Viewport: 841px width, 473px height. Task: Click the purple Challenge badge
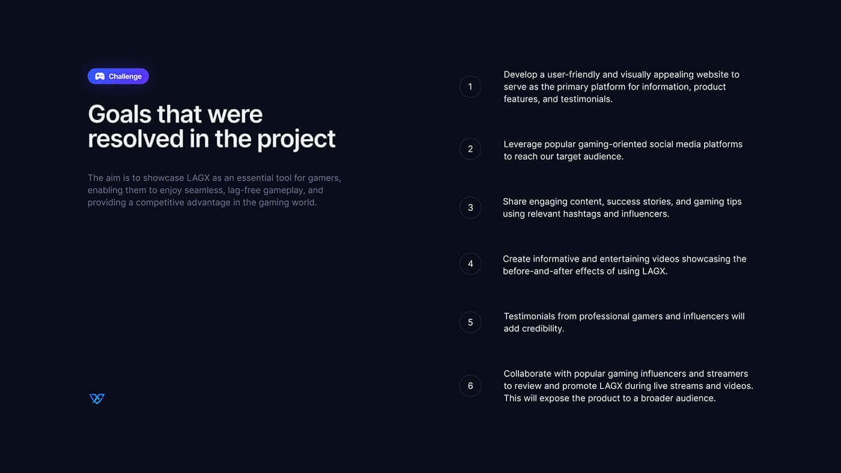[118, 76]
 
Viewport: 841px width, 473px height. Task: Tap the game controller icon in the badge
[100, 76]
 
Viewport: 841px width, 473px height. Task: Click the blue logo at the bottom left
[97, 399]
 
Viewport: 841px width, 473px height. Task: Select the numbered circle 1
[470, 86]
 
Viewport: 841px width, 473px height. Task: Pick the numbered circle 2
[470, 149]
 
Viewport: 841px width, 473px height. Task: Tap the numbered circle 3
[470, 208]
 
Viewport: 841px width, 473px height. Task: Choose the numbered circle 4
[470, 264]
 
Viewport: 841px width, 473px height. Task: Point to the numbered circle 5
[470, 322]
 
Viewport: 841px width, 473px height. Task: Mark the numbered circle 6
[470, 385]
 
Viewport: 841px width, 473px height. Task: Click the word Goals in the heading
[120, 114]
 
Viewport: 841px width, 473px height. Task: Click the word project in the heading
[296, 139]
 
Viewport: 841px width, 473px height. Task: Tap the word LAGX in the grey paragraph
[198, 178]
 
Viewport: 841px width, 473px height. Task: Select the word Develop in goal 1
[520, 75]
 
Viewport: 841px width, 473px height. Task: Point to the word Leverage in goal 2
[523, 145]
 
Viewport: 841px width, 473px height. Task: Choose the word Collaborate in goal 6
[527, 373]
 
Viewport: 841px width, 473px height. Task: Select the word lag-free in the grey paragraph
[244, 190]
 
